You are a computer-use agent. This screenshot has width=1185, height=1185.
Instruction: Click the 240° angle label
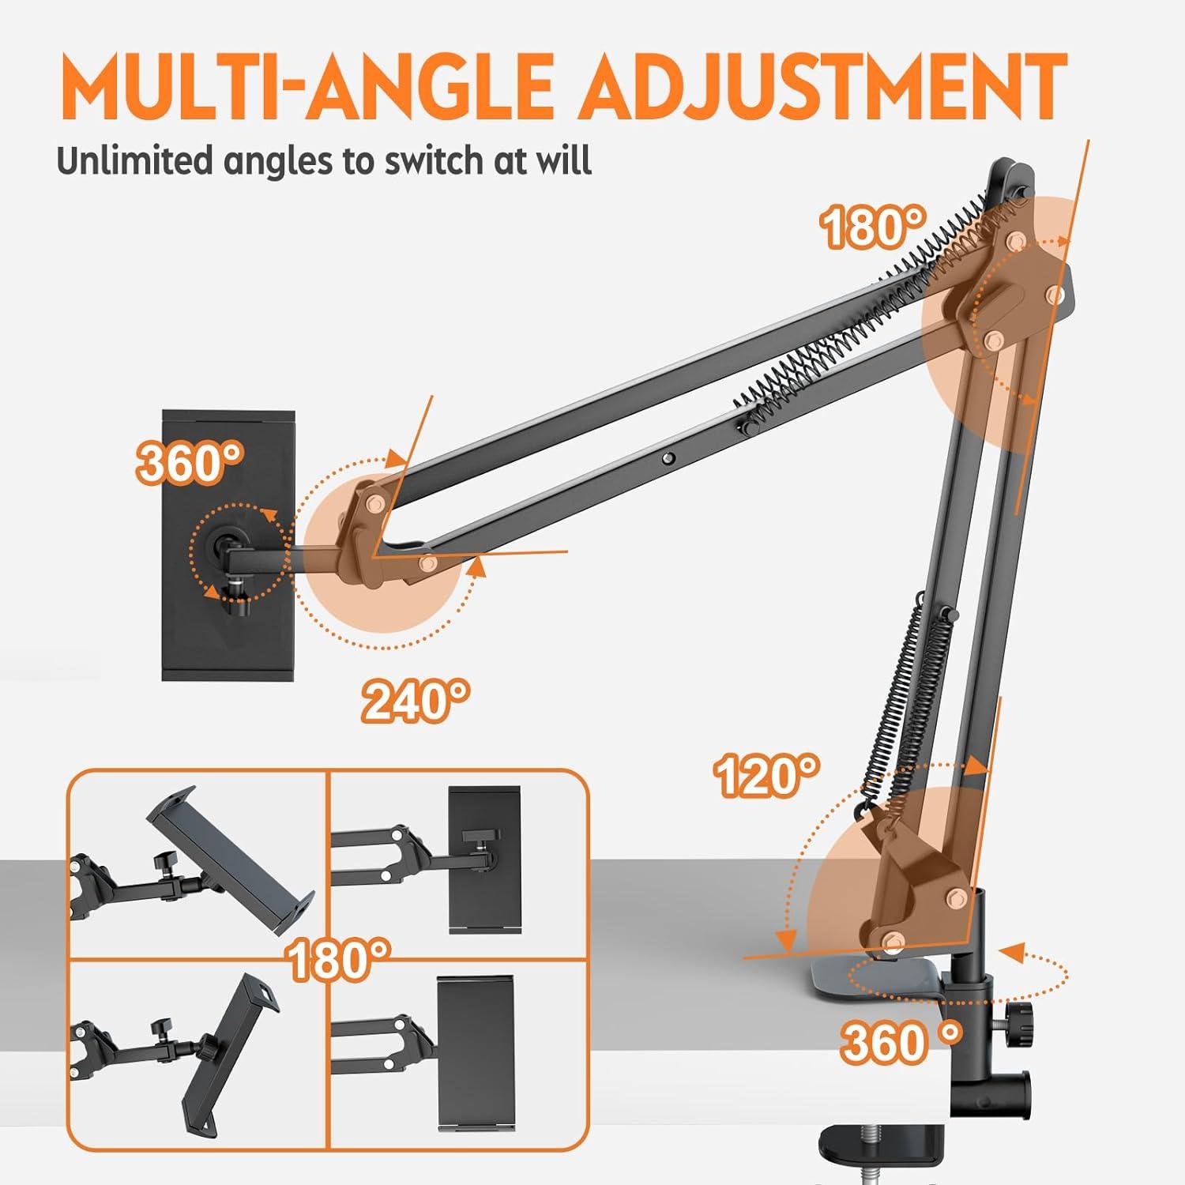(416, 700)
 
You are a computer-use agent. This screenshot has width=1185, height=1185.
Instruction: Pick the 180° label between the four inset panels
(338, 959)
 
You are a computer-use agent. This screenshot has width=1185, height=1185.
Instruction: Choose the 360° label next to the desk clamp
(901, 1040)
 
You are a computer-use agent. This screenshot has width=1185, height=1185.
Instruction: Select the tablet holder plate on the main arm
(229, 545)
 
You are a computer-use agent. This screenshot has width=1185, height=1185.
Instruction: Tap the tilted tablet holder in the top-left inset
(231, 861)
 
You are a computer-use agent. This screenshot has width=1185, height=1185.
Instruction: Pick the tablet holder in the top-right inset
(484, 860)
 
